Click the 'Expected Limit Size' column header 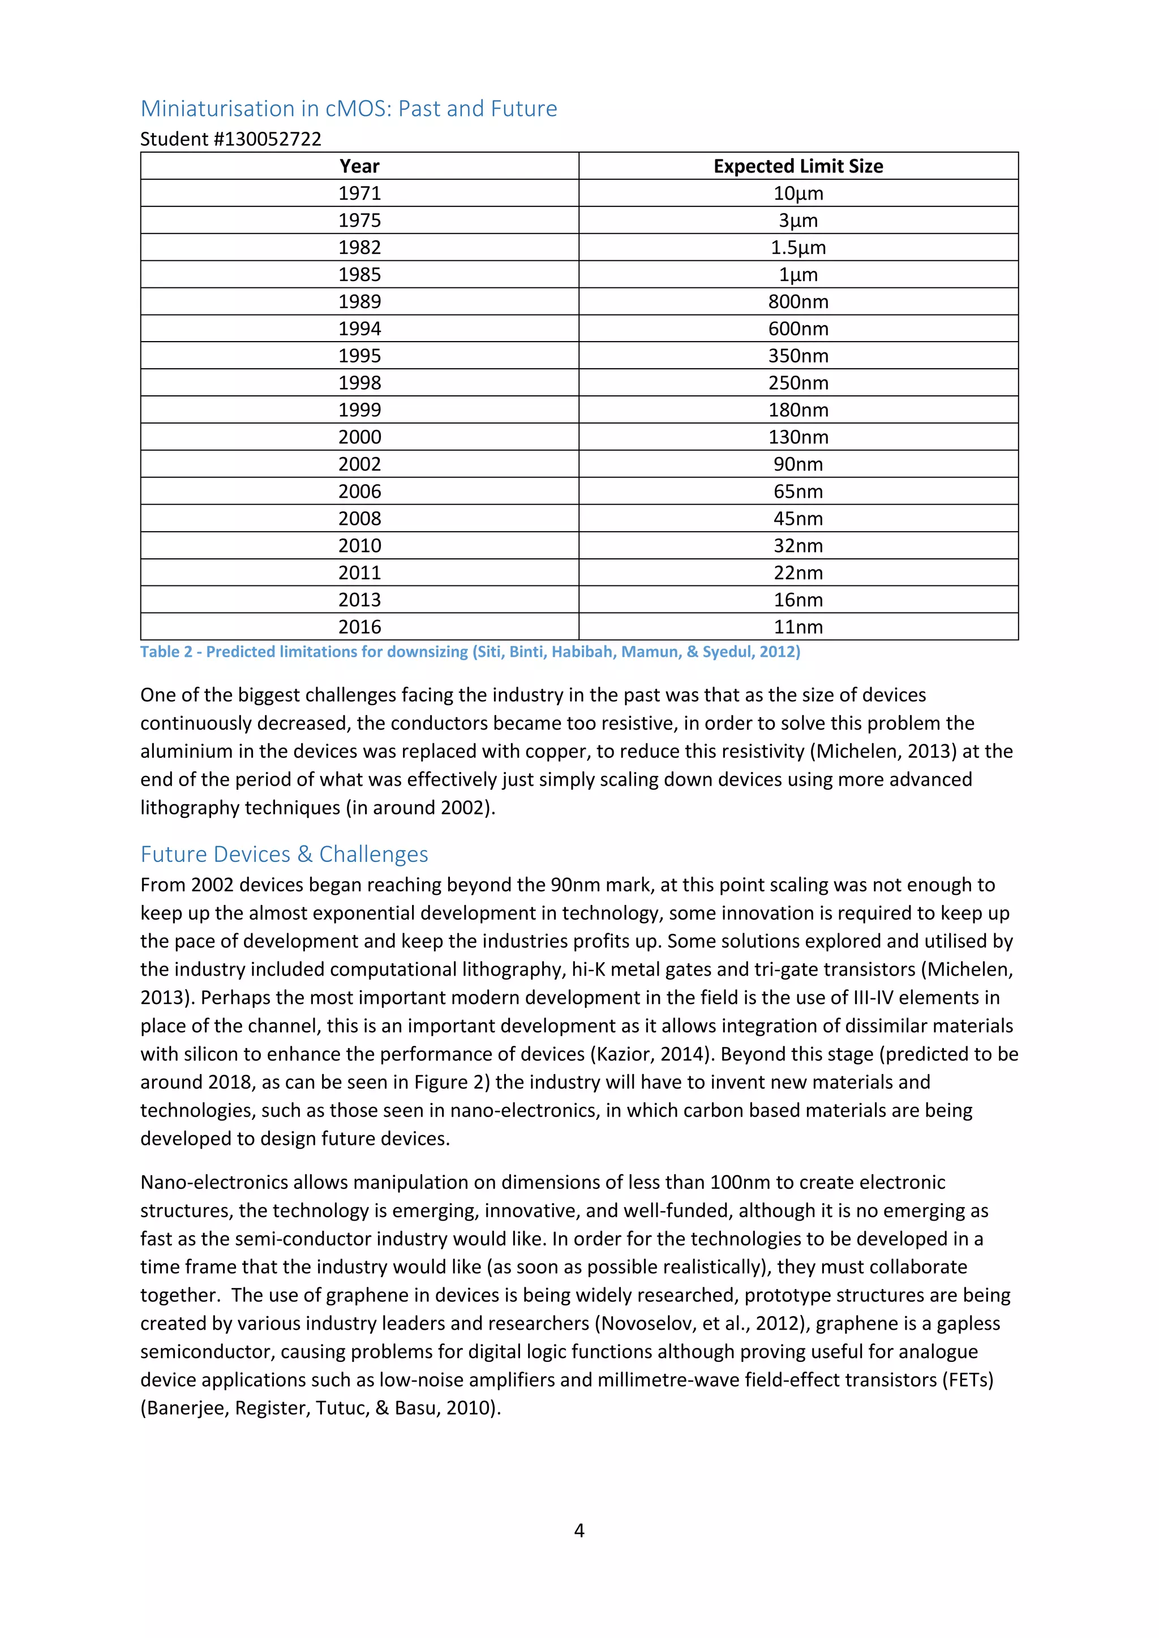pyautogui.click(x=798, y=166)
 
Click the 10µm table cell pyautogui.click(x=798, y=193)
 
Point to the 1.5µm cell pyautogui.click(x=798, y=248)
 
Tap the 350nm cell pyautogui.click(x=798, y=356)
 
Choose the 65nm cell pyautogui.click(x=798, y=492)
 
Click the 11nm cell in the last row pyautogui.click(x=798, y=627)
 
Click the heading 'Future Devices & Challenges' pyautogui.click(x=284, y=854)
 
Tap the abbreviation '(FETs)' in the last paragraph pyautogui.click(x=968, y=1380)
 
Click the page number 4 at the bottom pyautogui.click(x=579, y=1531)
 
